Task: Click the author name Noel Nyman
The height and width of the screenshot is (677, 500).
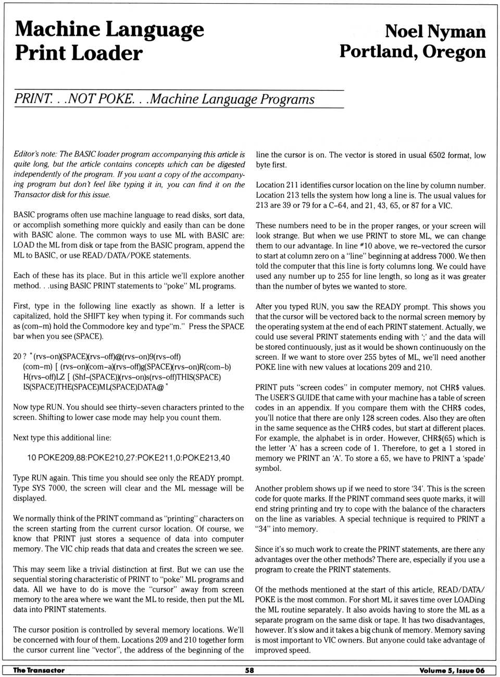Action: coord(435,31)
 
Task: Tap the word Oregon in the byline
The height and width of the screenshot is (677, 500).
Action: coord(454,52)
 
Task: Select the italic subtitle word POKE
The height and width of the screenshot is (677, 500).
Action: coord(116,99)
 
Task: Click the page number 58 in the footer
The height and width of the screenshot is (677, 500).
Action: coord(249,670)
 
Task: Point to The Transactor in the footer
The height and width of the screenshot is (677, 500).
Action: coord(39,670)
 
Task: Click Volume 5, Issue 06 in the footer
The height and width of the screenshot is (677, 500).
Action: coord(452,670)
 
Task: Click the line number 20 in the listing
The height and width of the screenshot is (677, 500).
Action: coord(18,357)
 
